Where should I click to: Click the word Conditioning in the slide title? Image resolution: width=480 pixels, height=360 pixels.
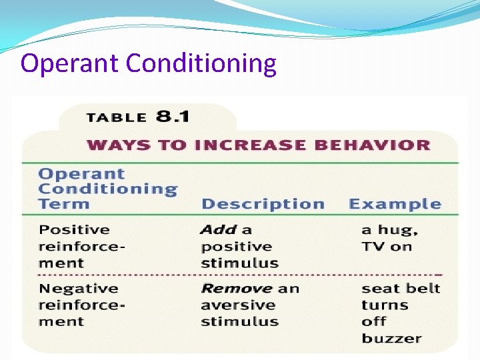click(201, 64)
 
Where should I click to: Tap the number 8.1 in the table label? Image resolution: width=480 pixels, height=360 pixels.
click(173, 117)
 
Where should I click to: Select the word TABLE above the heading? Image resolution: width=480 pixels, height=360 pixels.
click(116, 118)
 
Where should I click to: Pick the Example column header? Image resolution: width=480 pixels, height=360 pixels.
click(395, 204)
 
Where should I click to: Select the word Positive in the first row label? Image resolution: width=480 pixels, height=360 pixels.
click(74, 229)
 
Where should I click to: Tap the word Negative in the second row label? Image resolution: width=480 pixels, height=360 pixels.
click(78, 289)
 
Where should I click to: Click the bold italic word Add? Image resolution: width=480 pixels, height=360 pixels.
click(219, 229)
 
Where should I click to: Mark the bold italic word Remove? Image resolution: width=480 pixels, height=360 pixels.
click(236, 289)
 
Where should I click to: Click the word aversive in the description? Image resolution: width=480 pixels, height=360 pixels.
click(229, 305)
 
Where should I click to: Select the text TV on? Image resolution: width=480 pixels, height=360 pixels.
click(387, 247)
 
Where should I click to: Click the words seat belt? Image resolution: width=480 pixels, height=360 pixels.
click(401, 289)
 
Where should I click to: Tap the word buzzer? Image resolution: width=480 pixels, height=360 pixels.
click(391, 338)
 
